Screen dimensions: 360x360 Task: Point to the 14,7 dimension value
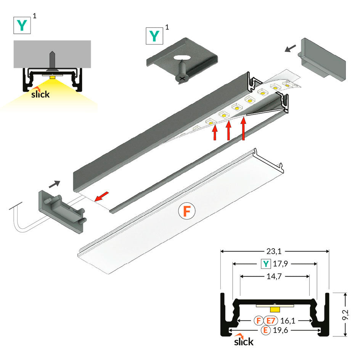click(274, 276)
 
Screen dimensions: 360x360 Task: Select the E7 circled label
click(271, 321)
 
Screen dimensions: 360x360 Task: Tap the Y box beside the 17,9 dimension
click(266, 264)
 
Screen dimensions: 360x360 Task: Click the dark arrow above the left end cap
click(55, 184)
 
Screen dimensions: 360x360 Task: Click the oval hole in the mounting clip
click(183, 58)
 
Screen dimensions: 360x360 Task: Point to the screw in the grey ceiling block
click(52, 61)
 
